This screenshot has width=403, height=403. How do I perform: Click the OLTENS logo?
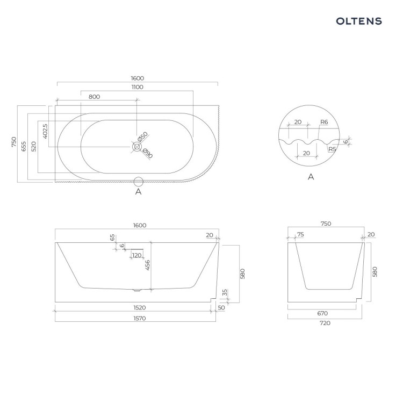click(x=359, y=21)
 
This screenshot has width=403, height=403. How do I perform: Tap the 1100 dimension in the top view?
click(x=138, y=87)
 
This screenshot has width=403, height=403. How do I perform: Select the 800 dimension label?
click(x=95, y=97)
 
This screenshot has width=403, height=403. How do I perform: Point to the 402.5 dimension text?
click(x=45, y=131)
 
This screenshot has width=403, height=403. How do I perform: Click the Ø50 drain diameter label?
click(x=142, y=136)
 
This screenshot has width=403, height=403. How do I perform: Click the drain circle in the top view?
click(x=137, y=147)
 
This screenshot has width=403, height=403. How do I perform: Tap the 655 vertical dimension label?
click(x=24, y=146)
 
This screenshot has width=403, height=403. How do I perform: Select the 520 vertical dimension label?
click(x=34, y=146)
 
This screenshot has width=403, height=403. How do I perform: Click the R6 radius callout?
click(x=324, y=122)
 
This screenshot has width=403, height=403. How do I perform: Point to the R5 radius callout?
click(x=332, y=149)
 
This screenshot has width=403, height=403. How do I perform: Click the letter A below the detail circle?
click(x=311, y=177)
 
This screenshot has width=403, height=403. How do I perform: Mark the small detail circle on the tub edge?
click(x=138, y=182)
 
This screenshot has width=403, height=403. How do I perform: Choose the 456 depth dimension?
click(x=148, y=265)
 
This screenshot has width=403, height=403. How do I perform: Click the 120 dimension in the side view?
click(x=136, y=255)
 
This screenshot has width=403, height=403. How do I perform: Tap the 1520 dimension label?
click(x=140, y=308)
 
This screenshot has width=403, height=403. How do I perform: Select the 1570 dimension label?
click(x=140, y=319)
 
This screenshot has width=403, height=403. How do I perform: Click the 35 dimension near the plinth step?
click(x=225, y=292)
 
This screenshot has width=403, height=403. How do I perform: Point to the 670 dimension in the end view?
click(x=322, y=313)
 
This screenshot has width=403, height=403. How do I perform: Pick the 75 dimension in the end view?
click(x=300, y=234)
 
